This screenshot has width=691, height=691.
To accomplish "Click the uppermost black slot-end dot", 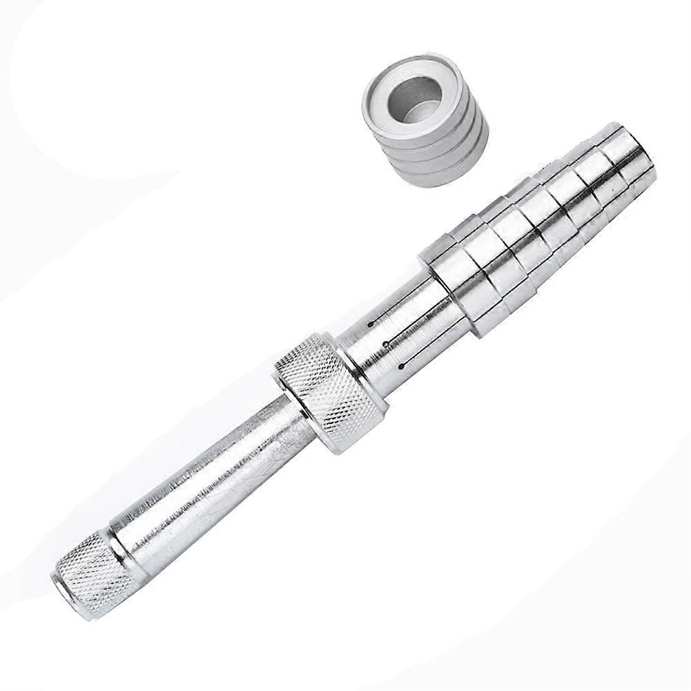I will click(x=371, y=323).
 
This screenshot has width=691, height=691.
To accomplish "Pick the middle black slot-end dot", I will click(x=386, y=343).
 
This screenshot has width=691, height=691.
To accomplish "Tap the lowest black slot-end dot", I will click(x=401, y=364).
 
